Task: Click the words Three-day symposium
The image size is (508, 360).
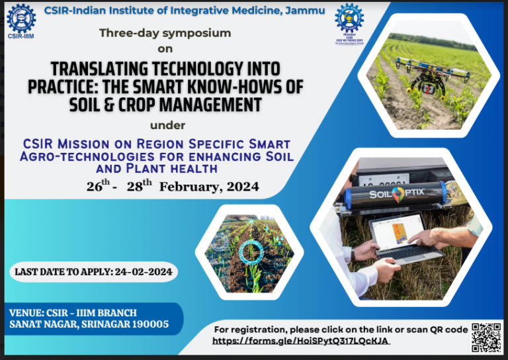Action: coord(165,32)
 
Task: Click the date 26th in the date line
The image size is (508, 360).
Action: coord(97,187)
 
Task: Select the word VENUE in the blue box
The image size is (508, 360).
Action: coord(26,312)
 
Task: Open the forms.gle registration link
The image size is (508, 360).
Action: coord(301,341)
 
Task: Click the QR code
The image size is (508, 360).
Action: coord(486,337)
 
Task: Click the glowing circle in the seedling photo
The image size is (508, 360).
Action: coord(251,251)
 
